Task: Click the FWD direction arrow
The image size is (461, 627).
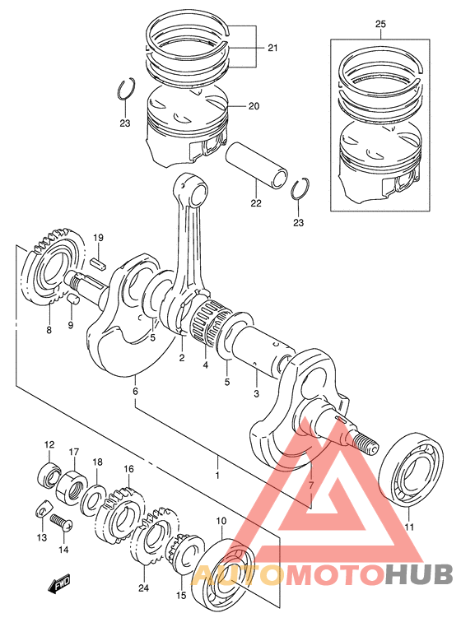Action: (x=58, y=583)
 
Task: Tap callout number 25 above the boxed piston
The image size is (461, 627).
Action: (x=380, y=24)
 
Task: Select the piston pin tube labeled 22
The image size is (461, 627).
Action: (x=257, y=165)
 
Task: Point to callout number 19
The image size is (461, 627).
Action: (x=98, y=238)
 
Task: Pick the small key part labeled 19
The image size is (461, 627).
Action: (x=98, y=264)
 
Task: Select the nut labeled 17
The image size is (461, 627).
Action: (x=72, y=485)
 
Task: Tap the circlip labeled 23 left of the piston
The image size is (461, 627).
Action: (x=126, y=89)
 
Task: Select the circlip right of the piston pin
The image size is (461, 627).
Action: (x=300, y=188)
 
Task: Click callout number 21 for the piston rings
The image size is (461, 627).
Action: (x=272, y=48)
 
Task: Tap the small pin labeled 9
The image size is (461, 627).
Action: (x=73, y=299)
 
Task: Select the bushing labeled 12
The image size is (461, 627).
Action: (x=48, y=475)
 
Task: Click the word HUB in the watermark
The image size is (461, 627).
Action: (x=418, y=574)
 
